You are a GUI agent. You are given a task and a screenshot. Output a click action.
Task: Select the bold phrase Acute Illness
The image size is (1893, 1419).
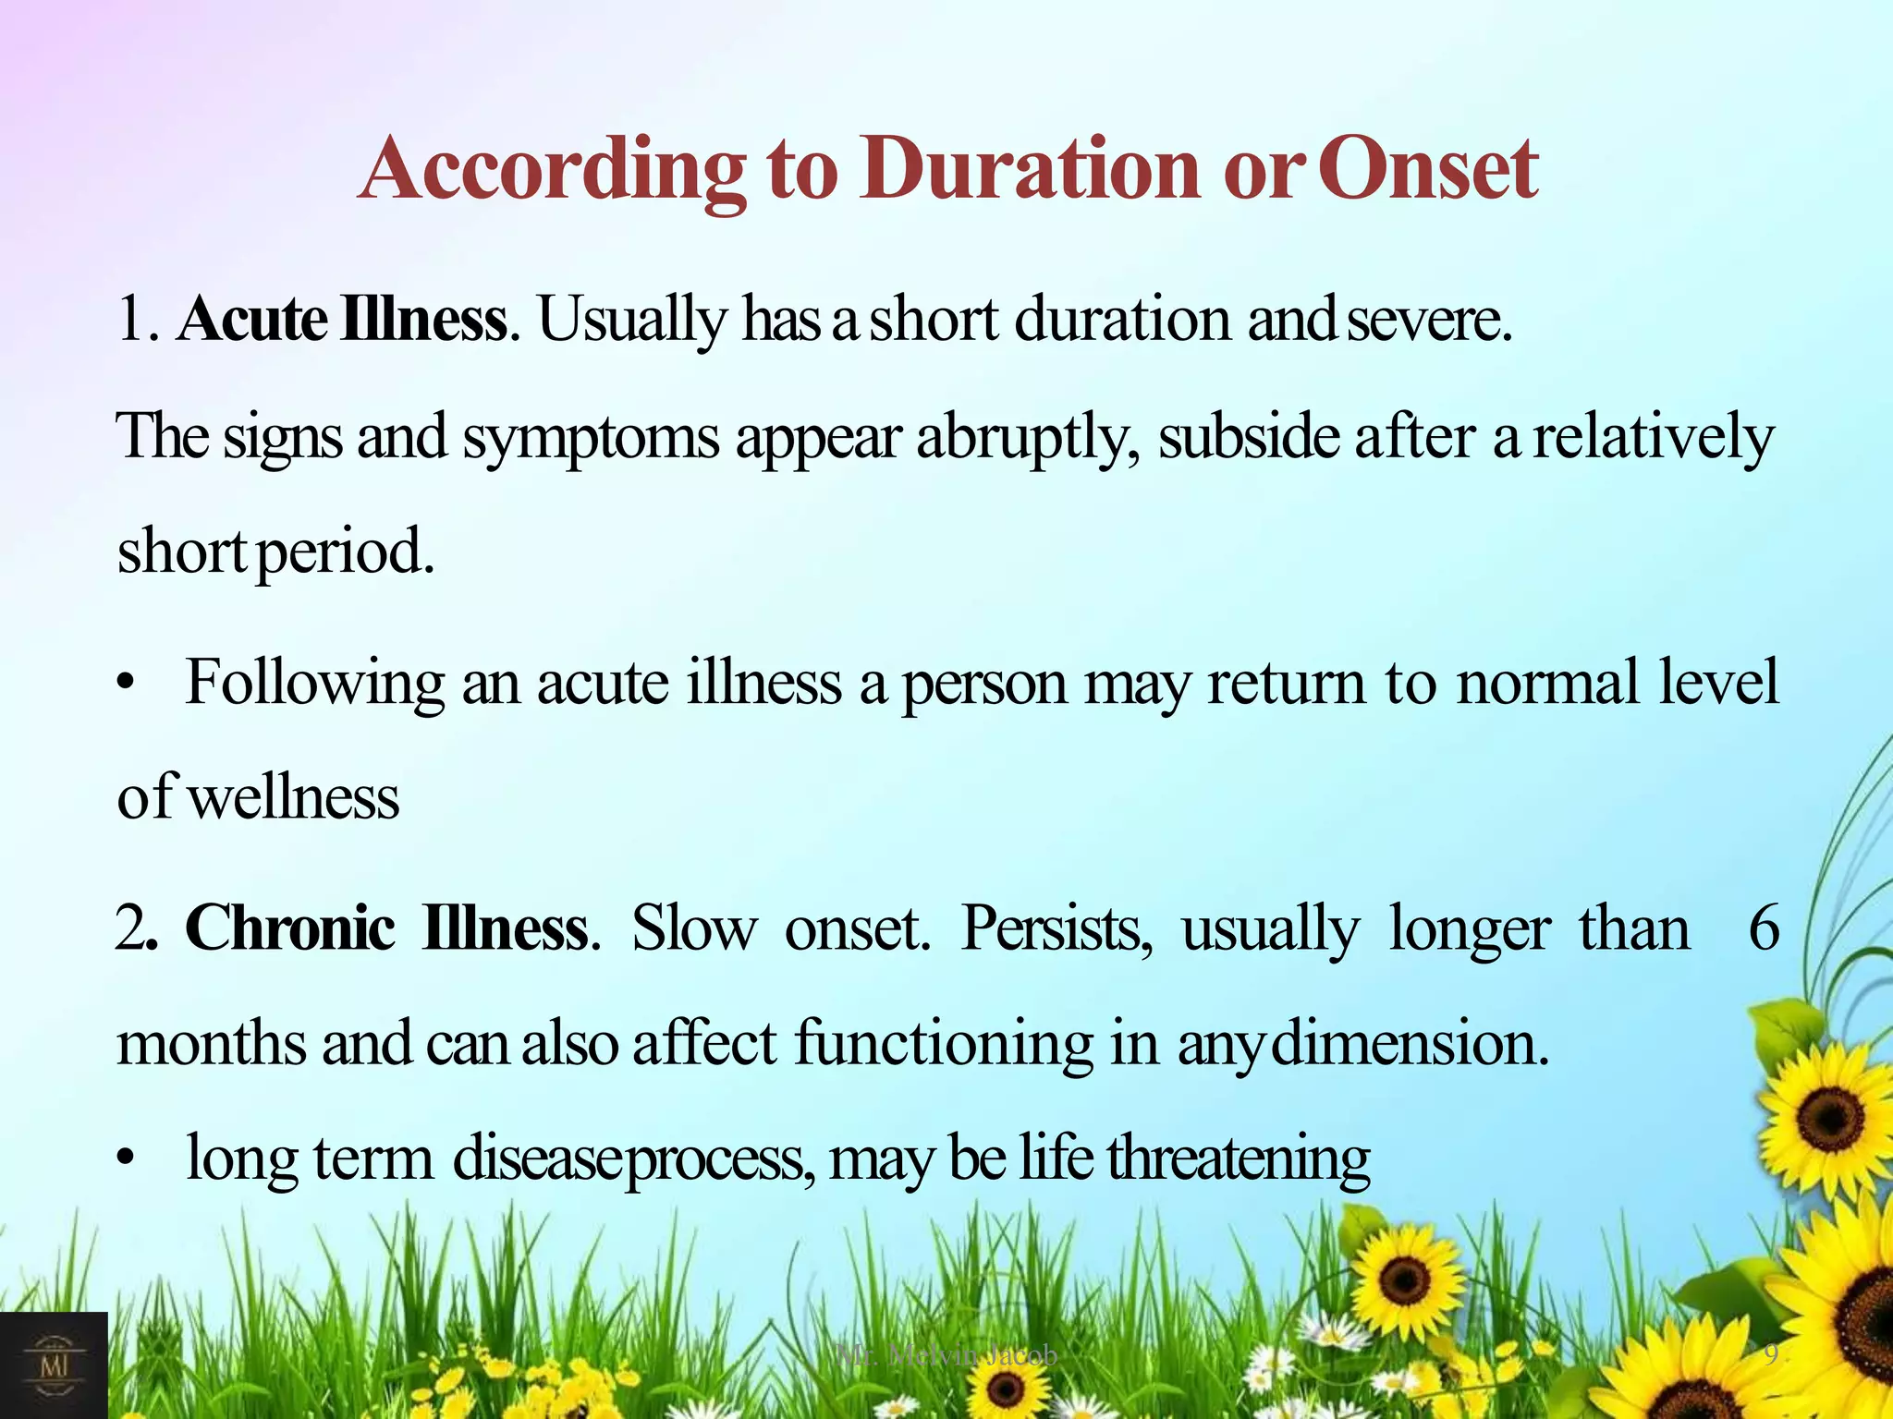point(342,320)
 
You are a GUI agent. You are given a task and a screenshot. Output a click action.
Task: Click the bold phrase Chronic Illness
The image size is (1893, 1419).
point(386,928)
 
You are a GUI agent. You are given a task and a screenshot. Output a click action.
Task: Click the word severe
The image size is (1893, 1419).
point(1428,321)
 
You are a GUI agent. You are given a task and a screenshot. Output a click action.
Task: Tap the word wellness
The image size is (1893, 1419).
point(294,797)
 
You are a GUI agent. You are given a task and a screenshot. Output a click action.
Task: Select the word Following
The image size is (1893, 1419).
point(314,684)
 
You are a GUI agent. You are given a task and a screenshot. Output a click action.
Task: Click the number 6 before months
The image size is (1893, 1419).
point(1764,928)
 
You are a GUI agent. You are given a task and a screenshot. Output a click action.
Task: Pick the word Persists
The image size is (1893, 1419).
point(1056,928)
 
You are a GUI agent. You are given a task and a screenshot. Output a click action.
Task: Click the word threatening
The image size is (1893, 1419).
point(1239,1158)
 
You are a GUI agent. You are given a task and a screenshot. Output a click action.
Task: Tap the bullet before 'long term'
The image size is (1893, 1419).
point(127,1158)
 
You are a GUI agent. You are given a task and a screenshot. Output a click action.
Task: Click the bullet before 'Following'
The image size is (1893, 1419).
point(127,685)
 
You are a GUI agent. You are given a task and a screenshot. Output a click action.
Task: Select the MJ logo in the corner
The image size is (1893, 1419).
point(54,1364)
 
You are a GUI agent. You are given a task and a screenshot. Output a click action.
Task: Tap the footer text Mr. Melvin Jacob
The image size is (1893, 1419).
point(946,1355)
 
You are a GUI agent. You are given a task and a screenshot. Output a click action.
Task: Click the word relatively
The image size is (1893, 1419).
point(1654,437)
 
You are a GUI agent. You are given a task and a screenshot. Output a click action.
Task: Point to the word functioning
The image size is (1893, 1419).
point(943,1044)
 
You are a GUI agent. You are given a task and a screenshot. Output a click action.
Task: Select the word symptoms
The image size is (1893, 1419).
point(591,437)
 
